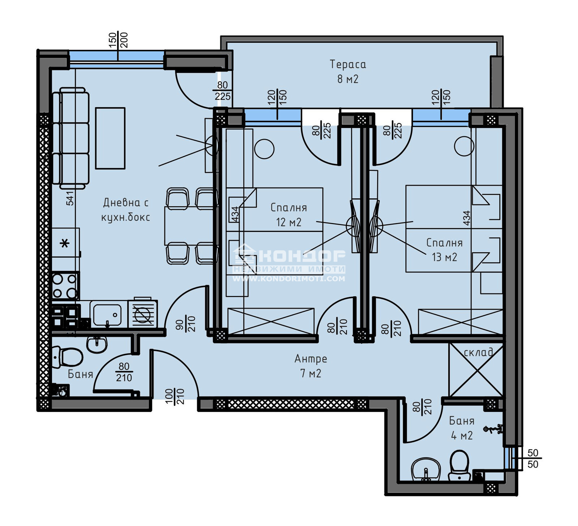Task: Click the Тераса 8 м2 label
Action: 348,71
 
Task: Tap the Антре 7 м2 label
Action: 311,366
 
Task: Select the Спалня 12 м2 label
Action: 289,215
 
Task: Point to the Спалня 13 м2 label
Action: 444,250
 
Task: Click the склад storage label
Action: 478,352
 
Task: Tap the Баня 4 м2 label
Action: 462,428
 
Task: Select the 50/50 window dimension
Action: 533,459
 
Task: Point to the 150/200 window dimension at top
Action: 118,40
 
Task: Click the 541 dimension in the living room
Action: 70,198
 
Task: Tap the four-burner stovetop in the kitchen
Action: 65,286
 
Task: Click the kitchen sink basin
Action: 107,315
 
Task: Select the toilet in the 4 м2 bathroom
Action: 459,466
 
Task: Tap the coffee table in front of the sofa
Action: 110,138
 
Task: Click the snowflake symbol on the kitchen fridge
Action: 65,244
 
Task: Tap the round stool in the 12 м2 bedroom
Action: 264,149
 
